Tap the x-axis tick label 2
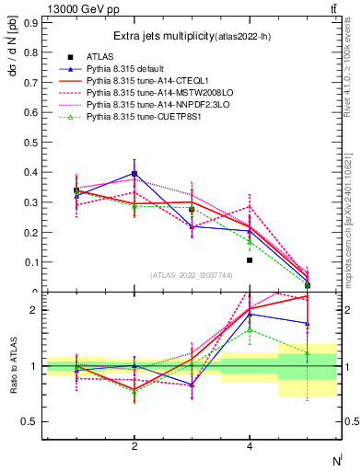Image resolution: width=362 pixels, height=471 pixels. (x=134, y=446)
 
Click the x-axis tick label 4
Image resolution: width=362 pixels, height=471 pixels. (x=250, y=446)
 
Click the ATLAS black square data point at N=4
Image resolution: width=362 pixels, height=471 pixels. (x=250, y=260)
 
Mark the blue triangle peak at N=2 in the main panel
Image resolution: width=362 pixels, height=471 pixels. (x=134, y=173)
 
